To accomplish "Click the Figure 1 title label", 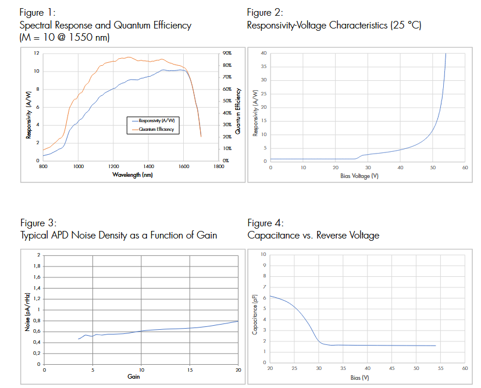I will tap(38, 12).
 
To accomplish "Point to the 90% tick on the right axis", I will tap(227, 54).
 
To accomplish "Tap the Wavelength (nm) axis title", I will tap(133, 175).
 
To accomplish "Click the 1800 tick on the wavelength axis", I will tap(219, 166).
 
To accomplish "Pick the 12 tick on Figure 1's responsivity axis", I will tap(37, 54).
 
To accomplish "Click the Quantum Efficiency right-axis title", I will tap(238, 106).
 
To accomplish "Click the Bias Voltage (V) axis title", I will tap(359, 176).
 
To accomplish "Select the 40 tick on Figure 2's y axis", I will tap(263, 54).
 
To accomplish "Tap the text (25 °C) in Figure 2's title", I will tap(405, 26).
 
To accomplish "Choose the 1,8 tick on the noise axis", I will tap(38, 266).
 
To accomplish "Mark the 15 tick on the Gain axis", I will tap(190, 369).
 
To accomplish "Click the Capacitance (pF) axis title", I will tap(255, 314).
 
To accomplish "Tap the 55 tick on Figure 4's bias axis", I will tap(440, 369).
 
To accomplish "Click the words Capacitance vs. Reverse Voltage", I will tap(313, 236).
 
